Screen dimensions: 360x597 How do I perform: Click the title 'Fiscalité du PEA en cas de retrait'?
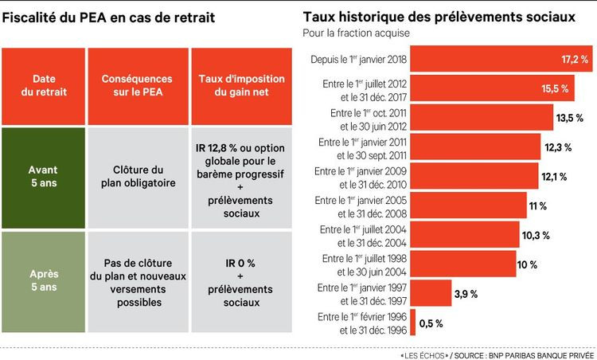pos(111,17)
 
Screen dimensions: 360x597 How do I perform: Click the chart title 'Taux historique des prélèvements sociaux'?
pos(439,17)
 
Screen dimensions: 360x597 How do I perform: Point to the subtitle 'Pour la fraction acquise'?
pos(351,33)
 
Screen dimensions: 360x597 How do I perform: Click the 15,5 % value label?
pos(554,88)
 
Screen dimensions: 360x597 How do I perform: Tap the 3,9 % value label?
pos(466,294)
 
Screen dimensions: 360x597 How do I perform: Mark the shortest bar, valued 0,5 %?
pos(413,323)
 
